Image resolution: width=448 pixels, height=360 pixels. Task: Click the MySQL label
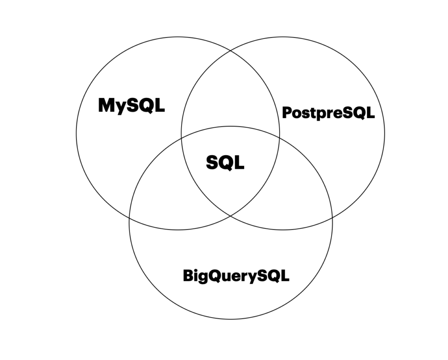(x=131, y=105)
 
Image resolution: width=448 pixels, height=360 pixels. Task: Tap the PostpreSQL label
(x=328, y=113)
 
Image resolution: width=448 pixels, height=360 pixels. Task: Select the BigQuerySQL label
(x=236, y=276)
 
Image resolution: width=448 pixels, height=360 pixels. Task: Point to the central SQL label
(x=225, y=163)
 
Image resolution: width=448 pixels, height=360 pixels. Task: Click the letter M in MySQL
(x=107, y=105)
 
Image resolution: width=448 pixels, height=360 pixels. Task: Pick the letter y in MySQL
(x=122, y=107)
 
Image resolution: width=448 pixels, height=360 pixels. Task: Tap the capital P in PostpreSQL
(x=287, y=113)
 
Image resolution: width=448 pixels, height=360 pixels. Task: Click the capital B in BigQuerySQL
(x=188, y=276)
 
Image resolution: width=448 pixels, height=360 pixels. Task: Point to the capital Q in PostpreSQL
(x=357, y=113)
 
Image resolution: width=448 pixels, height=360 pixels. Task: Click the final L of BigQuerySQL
(x=285, y=276)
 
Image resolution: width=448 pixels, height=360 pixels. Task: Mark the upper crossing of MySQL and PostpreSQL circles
(x=231, y=52)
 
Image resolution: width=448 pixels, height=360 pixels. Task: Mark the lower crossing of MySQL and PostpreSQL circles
(x=231, y=215)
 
